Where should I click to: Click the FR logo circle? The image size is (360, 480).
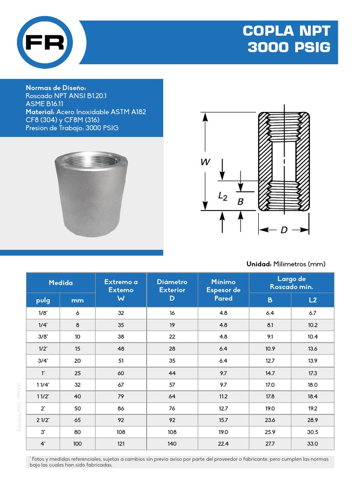coord(45,42)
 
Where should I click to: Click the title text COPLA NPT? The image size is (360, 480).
coord(286,31)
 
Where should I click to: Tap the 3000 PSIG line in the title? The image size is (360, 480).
coord(289,47)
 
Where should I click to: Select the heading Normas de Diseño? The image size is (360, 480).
coord(56,88)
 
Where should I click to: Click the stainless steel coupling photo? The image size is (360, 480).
coord(93,193)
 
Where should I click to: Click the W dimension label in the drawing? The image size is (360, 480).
coord(205,162)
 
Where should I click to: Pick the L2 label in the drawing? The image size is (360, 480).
coord(223,196)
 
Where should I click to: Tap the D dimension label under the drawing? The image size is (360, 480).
coord(284,230)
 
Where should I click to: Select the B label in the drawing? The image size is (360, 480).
coord(240,202)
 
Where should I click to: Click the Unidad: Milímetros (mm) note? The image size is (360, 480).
coord(286,264)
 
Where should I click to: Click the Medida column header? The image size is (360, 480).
coord(61,283)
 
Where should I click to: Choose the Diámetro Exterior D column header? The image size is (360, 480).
coord(172,290)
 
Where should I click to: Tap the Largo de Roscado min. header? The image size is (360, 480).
coord(292,283)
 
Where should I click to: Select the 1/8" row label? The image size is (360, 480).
coord(43,313)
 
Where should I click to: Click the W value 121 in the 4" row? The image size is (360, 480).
coord(121,443)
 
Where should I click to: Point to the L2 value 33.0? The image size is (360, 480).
coord(313,443)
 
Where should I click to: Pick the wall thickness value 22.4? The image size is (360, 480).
coord(223,443)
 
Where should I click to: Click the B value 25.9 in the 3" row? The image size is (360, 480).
coord(270,432)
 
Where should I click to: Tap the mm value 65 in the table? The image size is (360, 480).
coord(77,420)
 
